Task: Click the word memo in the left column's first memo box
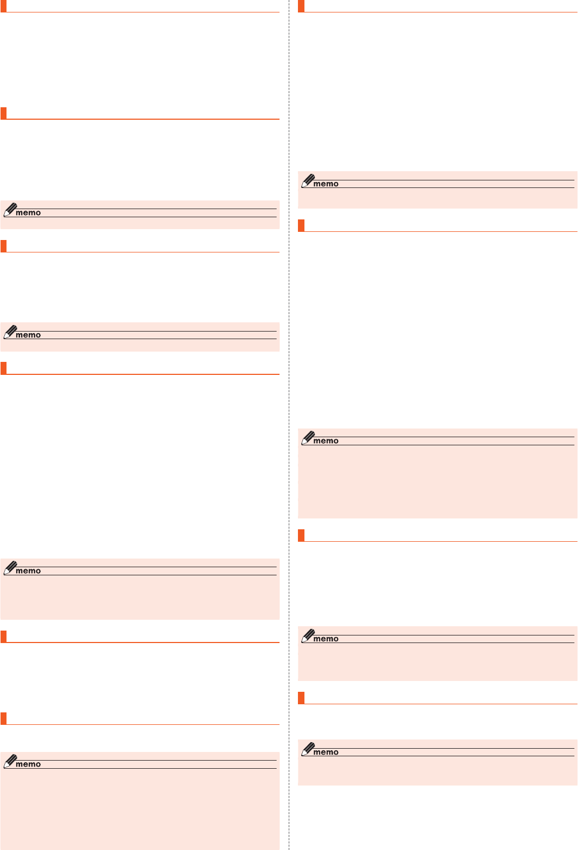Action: tap(28, 213)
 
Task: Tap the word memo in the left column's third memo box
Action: tap(28, 571)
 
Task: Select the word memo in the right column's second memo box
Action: tap(326, 441)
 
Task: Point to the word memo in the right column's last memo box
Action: tap(326, 752)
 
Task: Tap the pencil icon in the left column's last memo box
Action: tap(10, 761)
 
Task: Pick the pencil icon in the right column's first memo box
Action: tap(308, 180)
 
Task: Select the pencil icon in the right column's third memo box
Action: tap(308, 635)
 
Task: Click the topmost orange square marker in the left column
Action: tap(3, 6)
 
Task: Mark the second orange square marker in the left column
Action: tap(3, 113)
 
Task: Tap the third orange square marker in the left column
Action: tap(3, 246)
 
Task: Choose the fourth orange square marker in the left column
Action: tap(3, 368)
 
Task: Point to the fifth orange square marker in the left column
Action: tap(3, 637)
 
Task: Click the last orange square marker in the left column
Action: tap(3, 718)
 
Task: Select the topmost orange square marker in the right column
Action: tap(301, 6)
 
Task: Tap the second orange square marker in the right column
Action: tap(301, 225)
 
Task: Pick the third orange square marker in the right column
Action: tap(301, 535)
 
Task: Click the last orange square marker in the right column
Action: tap(301, 698)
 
